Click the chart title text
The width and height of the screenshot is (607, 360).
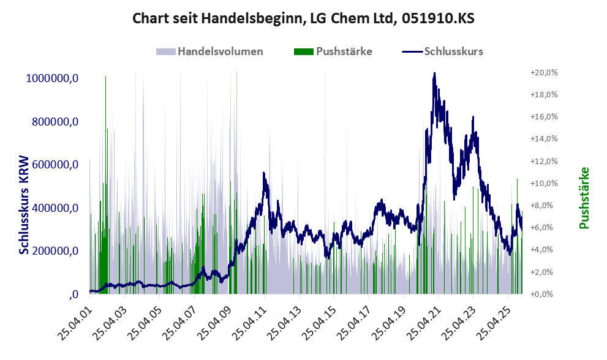click(303, 18)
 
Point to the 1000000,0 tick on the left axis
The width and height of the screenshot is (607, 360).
click(52, 78)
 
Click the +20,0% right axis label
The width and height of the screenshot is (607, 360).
click(544, 72)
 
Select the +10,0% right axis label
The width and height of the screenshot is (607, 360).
click(544, 183)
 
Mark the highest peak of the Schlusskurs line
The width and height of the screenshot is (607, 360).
click(434, 73)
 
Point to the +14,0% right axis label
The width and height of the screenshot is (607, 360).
click(544, 139)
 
